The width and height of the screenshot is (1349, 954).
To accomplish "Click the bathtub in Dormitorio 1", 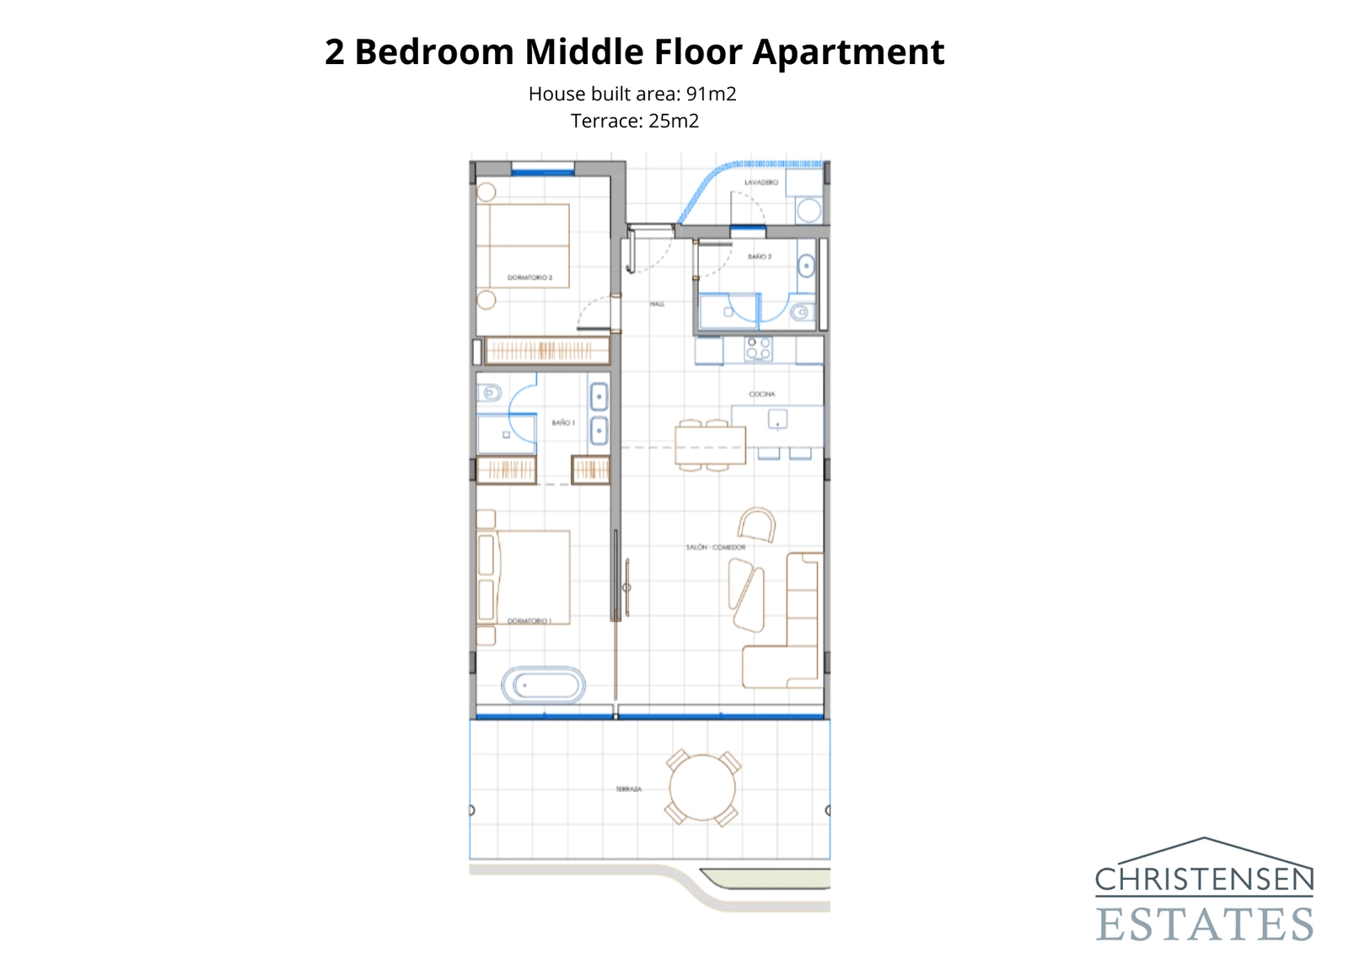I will click(x=543, y=685).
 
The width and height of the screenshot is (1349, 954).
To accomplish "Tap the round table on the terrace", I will click(x=702, y=788).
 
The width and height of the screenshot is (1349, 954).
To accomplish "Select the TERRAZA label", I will click(x=628, y=790).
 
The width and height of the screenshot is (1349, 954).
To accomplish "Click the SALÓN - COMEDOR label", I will click(x=715, y=547).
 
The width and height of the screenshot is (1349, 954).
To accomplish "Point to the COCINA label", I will click(x=761, y=394).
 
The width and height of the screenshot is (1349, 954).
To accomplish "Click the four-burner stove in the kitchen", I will click(x=758, y=348).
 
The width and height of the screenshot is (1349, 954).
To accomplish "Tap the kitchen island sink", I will click(x=777, y=418).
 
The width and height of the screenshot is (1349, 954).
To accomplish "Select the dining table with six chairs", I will click(x=710, y=445).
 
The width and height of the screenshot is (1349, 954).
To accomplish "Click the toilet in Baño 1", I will click(x=489, y=393).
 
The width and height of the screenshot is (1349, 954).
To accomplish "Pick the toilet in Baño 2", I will click(x=802, y=313).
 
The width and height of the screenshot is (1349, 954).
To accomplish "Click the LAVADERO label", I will click(x=760, y=182).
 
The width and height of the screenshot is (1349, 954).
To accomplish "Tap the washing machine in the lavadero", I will click(x=809, y=210).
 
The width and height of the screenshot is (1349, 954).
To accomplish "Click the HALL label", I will click(x=657, y=304).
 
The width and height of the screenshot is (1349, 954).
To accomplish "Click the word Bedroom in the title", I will click(x=433, y=52).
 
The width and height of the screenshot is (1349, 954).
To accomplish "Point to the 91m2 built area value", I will click(x=711, y=94).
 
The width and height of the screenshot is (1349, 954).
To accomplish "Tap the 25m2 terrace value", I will click(x=673, y=121).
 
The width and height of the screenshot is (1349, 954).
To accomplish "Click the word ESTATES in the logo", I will click(x=1204, y=924).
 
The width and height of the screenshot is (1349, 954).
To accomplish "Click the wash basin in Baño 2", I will click(x=806, y=267).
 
